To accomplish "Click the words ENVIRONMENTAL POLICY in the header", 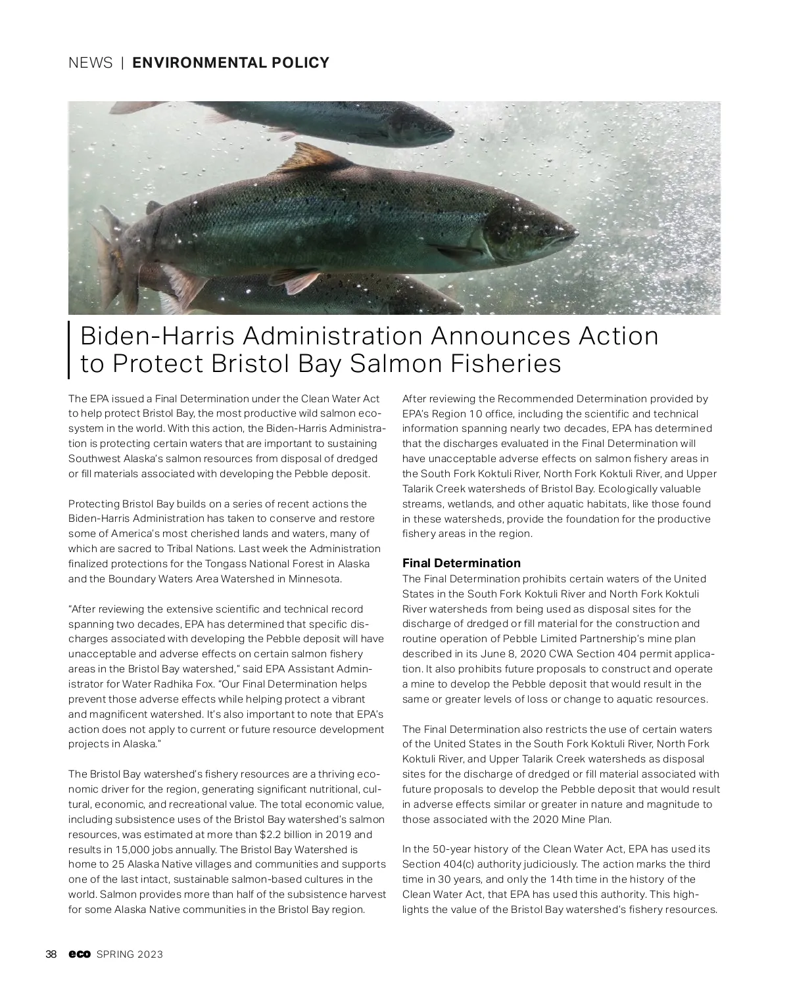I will tap(231, 63).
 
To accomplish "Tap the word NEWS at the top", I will tap(90, 63).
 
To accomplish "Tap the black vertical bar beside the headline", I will tap(69, 350).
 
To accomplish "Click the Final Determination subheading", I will tap(461, 563).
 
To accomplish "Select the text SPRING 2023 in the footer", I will tap(130, 954).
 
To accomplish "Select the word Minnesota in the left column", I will tap(317, 579).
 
